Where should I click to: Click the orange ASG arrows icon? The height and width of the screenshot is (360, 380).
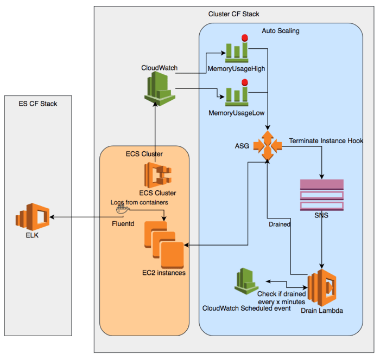click(268, 145)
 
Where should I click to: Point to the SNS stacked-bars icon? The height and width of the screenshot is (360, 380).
click(321, 194)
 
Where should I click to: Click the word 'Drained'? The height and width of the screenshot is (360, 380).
click(280, 224)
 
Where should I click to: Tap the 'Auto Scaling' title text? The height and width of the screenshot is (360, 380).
click(280, 31)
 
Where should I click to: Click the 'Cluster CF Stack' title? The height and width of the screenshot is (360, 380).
click(234, 14)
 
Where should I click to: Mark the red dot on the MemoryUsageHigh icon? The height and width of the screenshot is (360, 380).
click(245, 38)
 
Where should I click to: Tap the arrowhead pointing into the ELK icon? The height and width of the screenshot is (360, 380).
click(53, 217)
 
